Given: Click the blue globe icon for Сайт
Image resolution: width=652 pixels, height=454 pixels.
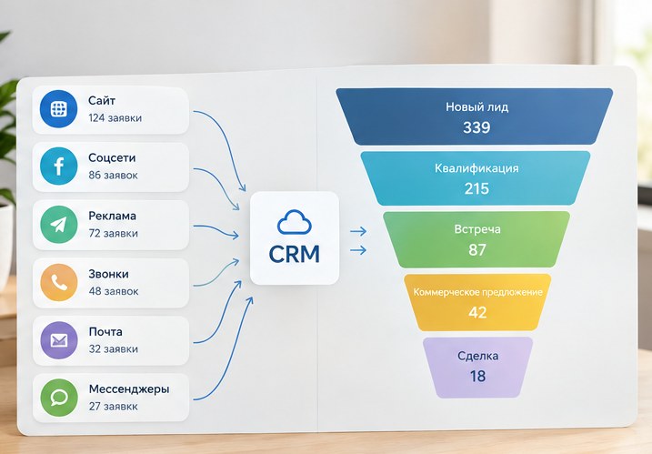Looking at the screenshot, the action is point(58,109).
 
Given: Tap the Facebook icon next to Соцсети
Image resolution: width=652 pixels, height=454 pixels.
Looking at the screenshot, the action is point(58,166).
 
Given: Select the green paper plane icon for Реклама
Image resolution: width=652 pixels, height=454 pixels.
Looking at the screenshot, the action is point(58,225).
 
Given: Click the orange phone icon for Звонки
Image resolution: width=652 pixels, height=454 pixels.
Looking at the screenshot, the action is point(58,282).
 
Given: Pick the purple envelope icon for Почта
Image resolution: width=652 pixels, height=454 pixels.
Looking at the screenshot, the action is point(58,340).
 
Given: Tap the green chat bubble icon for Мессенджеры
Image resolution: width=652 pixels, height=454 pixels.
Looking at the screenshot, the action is point(59,398).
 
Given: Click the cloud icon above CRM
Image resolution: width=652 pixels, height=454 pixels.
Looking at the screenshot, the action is point(295,222).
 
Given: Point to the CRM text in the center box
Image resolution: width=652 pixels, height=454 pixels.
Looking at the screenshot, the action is point(295,254).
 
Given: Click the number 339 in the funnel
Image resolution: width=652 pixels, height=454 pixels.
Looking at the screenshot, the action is point(476,127).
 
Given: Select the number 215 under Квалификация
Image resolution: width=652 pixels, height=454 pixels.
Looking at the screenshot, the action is point(476,189).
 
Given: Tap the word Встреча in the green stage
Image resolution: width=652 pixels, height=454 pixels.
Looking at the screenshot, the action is point(477,229).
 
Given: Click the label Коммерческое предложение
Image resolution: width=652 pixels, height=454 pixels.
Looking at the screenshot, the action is point(477,292).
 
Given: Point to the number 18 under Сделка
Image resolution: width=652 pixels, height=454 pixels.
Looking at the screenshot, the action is point(477,376).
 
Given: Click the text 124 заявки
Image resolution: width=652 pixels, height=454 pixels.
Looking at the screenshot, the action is point(115,118).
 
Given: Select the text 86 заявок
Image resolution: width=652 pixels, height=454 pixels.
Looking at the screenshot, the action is point(113,176).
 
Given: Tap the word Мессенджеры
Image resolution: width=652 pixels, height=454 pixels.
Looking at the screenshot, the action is point(129,389).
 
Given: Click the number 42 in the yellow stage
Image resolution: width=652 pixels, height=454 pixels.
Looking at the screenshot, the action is point(477,312).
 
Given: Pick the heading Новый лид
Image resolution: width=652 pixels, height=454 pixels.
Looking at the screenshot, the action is point(476,107).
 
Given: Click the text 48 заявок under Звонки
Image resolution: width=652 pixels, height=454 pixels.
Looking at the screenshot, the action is point(114,291).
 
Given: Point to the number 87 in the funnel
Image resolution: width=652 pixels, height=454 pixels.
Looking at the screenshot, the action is point(477,250).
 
